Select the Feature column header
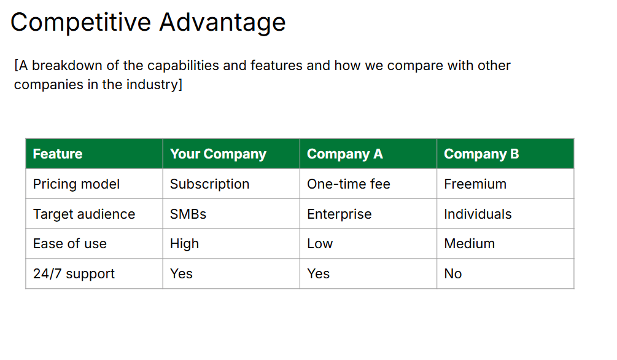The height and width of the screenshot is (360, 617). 58,154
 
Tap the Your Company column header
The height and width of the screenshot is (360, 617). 218,154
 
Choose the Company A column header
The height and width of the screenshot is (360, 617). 344,154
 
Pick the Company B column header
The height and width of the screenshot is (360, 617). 481,154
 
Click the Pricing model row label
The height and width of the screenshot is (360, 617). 76,184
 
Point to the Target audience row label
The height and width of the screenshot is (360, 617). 83,214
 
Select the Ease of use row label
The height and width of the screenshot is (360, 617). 69,244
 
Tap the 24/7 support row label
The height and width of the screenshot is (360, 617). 74,274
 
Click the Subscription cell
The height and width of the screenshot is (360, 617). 209,184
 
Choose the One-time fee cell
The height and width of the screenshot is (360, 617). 348,184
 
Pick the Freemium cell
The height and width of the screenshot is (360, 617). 475,184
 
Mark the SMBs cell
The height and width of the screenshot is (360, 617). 188,214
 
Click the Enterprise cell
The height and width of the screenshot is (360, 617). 339,214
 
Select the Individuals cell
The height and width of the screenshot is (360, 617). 478,214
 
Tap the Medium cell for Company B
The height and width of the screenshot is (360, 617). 469,244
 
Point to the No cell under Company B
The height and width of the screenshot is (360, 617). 452,274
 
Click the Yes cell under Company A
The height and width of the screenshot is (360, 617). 318,274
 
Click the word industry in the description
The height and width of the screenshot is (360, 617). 153,85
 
